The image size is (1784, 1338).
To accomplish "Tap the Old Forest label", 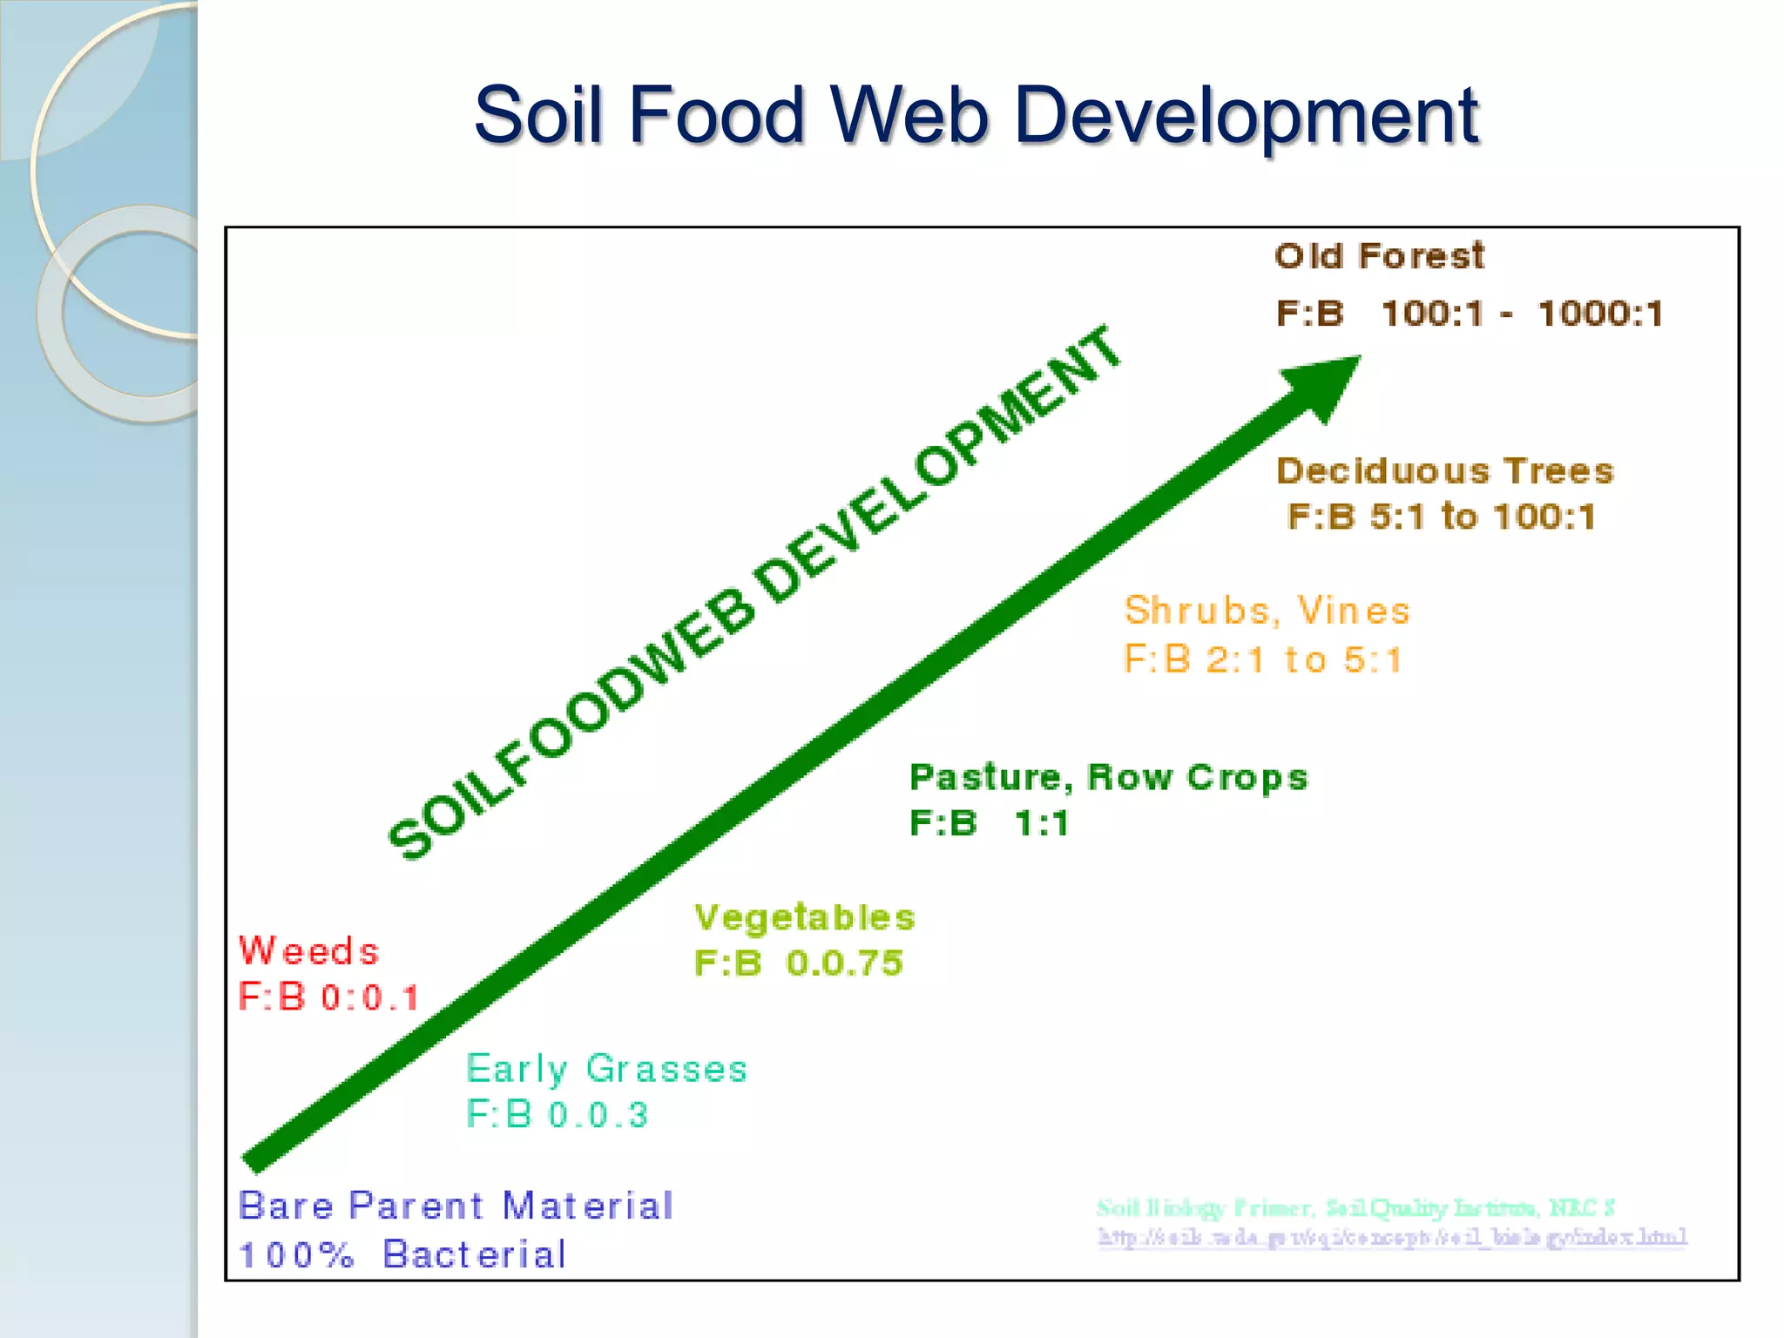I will click(1379, 256).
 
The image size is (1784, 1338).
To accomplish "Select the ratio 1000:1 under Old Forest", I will click(1600, 314).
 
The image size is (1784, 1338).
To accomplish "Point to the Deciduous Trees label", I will click(1445, 471).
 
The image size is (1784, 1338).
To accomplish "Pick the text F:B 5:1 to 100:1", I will click(1442, 517).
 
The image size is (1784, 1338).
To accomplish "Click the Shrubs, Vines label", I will click(1267, 611).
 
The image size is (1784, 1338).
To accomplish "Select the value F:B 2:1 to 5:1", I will click(1263, 659).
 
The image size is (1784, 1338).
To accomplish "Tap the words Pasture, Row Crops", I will click(1108, 777).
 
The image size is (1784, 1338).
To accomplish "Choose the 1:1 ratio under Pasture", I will click(1042, 823).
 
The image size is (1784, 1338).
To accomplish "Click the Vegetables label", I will click(805, 917).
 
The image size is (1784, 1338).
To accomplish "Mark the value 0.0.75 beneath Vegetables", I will click(844, 963).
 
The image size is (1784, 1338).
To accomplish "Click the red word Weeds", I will click(309, 950).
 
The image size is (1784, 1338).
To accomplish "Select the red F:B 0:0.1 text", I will click(329, 997).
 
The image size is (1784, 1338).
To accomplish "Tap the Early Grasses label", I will click(606, 1069).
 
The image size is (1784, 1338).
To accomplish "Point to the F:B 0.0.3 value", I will click(557, 1115).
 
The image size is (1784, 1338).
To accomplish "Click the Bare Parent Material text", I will click(456, 1206).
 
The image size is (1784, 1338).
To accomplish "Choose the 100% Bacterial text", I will click(402, 1255).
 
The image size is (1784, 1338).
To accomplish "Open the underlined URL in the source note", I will click(1392, 1238).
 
